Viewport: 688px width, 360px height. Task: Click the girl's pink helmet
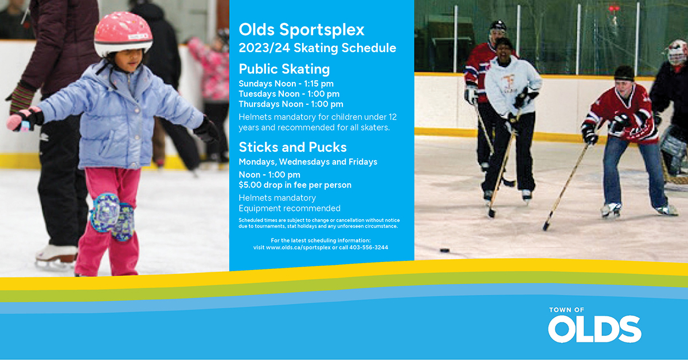123,33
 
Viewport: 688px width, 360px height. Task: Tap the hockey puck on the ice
444,251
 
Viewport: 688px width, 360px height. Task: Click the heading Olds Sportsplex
302,30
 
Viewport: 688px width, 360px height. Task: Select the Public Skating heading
284,69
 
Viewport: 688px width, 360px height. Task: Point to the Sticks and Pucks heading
293,147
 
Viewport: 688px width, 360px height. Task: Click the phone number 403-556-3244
369,247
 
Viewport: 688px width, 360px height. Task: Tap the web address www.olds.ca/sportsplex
298,247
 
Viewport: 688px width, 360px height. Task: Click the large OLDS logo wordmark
595,329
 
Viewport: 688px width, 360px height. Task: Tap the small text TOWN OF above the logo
566,310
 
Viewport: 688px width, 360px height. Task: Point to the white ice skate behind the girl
56,255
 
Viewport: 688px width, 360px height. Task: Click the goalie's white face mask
677,53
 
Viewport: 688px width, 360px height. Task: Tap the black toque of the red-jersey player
624,73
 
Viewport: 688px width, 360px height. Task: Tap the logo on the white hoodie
509,83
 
